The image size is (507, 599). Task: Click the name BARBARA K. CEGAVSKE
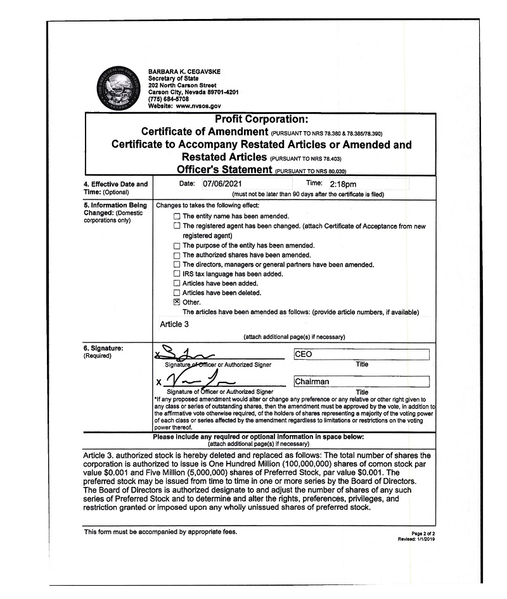pyautogui.click(x=184, y=72)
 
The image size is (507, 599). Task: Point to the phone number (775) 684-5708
pyautogui.click(x=168, y=99)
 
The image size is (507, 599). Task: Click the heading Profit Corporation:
pyautogui.click(x=261, y=119)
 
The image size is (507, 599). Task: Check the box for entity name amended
pyautogui.click(x=177, y=217)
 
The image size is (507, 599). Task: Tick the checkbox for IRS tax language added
pyautogui.click(x=177, y=274)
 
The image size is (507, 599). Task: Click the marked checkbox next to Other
pyautogui.click(x=177, y=303)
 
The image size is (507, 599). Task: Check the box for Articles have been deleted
pyautogui.click(x=177, y=293)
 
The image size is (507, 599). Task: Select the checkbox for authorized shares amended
pyautogui.click(x=177, y=255)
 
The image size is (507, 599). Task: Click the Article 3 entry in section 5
pyautogui.click(x=174, y=324)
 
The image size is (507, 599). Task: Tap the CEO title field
pyautogui.click(x=361, y=355)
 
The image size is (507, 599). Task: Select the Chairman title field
pyautogui.click(x=361, y=382)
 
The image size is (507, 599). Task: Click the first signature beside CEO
pyautogui.click(x=190, y=355)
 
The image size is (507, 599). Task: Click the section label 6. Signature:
pyautogui.click(x=103, y=348)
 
